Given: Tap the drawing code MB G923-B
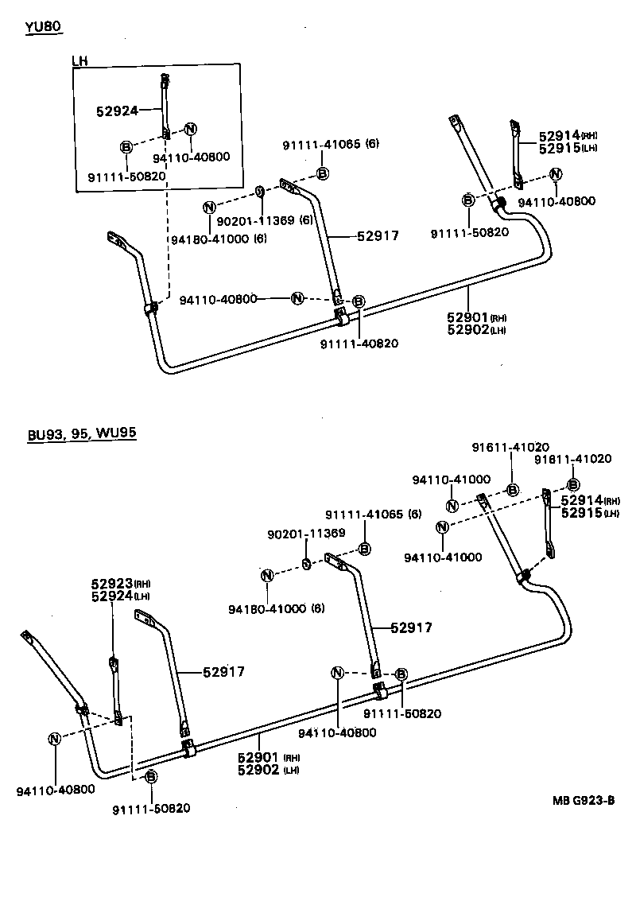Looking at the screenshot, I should (x=584, y=800).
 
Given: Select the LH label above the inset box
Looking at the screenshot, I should (x=79, y=60).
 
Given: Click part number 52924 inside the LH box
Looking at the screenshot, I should (x=117, y=112).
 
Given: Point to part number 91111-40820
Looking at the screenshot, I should (x=359, y=344).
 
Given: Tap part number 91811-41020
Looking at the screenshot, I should (x=572, y=459).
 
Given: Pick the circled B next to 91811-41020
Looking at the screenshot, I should (x=572, y=484).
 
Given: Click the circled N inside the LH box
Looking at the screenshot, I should (x=191, y=130).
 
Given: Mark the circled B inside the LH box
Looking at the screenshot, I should (x=125, y=146).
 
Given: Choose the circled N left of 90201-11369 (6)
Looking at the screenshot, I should (x=209, y=207).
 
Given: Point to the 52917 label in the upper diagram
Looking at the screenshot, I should (x=377, y=235).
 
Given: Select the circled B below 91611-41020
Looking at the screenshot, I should (x=513, y=490).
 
